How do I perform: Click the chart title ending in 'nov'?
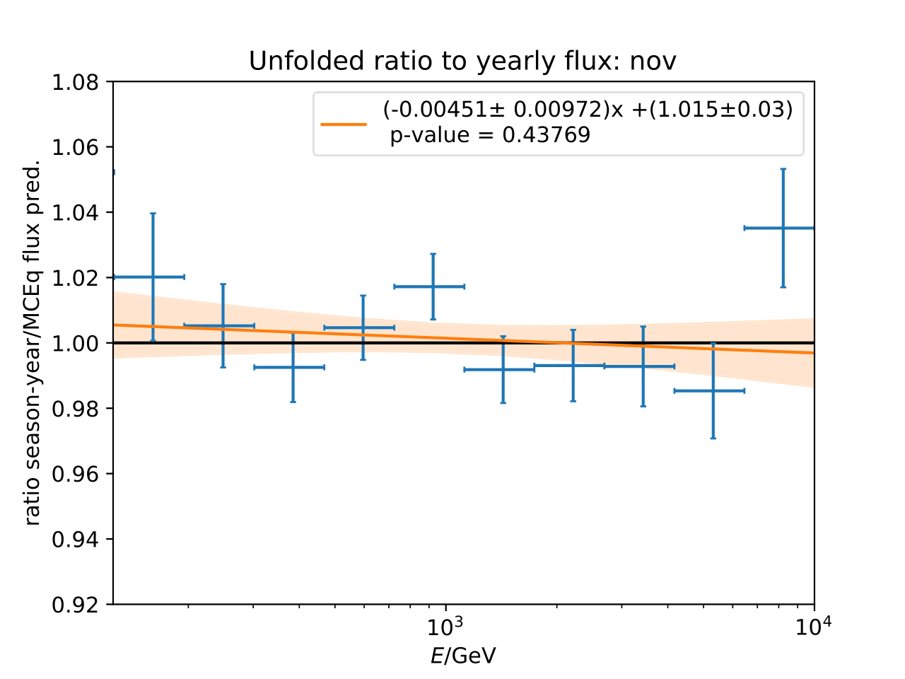(462, 62)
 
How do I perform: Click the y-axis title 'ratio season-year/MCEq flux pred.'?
(33, 343)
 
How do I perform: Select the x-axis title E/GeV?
(463, 656)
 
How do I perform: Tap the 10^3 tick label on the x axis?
(445, 626)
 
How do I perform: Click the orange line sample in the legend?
(344, 123)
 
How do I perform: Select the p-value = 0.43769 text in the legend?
(490, 135)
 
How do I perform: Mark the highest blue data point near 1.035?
(783, 228)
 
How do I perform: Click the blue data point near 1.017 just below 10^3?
(433, 286)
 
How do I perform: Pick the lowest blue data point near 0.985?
(713, 390)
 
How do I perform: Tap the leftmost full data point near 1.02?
(153, 277)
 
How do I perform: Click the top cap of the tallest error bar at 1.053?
(783, 169)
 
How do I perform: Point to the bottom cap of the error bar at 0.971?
(713, 439)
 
